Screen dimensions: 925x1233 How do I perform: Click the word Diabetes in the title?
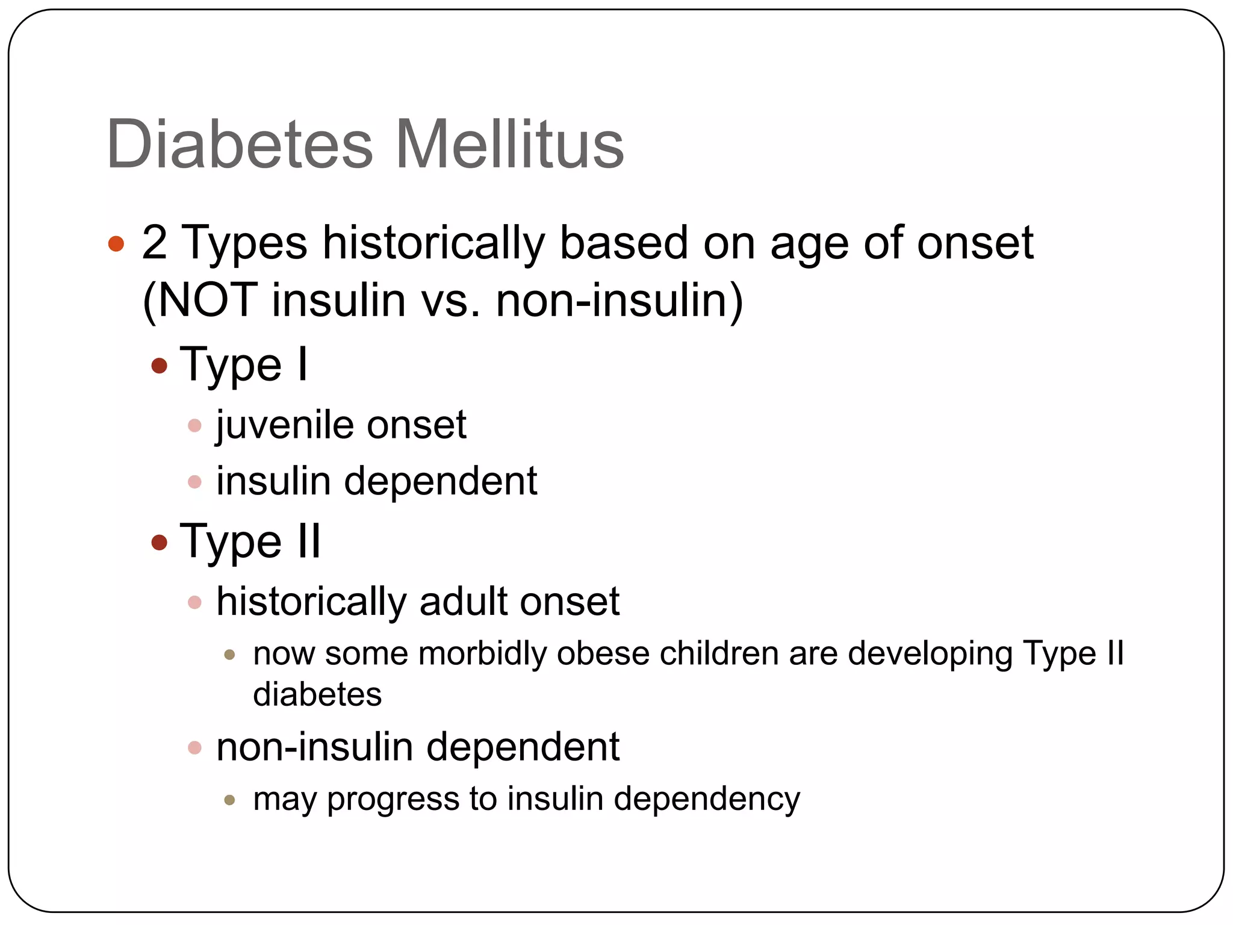(240, 145)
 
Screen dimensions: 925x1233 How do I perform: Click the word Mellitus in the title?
(509, 145)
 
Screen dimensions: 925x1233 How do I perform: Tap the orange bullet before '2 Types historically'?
(116, 244)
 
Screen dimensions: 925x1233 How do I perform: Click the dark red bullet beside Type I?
(159, 366)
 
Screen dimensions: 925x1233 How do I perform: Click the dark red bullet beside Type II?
(159, 542)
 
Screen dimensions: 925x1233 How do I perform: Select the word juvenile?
(285, 425)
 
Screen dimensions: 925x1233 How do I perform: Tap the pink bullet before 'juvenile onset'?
(194, 426)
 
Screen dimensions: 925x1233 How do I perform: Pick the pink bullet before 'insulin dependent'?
(194, 482)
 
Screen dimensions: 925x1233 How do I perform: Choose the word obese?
(603, 653)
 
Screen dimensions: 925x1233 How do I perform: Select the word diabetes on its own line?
(317, 694)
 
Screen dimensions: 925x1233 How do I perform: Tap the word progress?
(393, 800)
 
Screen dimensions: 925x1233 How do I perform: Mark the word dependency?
(707, 800)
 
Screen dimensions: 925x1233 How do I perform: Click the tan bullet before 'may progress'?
(229, 800)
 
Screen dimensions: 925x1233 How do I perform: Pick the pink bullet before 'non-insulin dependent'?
(194, 748)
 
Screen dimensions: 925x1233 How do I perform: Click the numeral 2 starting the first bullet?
(154, 243)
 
